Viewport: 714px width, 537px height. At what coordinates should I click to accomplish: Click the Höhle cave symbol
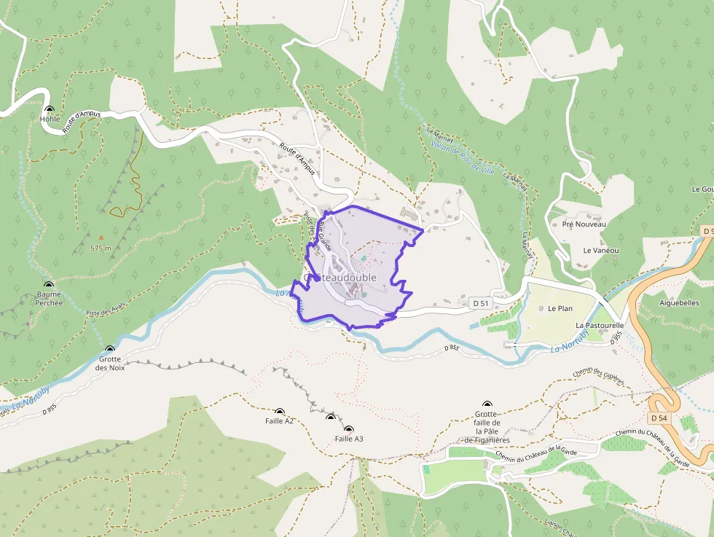[49, 110]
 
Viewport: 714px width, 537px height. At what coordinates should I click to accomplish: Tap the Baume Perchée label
[49, 298]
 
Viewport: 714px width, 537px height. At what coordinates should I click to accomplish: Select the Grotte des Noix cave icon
[110, 350]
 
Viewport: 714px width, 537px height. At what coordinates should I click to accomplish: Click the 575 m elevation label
[101, 248]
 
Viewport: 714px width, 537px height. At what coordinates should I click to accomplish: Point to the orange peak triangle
[101, 236]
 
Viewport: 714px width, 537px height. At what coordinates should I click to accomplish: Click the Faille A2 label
[279, 421]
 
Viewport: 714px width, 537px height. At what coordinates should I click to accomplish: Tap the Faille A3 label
[348, 439]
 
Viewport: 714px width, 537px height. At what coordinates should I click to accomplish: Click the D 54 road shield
[658, 418]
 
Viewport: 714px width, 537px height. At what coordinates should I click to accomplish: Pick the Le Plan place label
[560, 308]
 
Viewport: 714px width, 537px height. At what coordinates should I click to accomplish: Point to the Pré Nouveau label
[584, 224]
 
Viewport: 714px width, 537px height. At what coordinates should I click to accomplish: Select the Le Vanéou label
[600, 250]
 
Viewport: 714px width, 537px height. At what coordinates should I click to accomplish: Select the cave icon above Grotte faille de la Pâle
[487, 404]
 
